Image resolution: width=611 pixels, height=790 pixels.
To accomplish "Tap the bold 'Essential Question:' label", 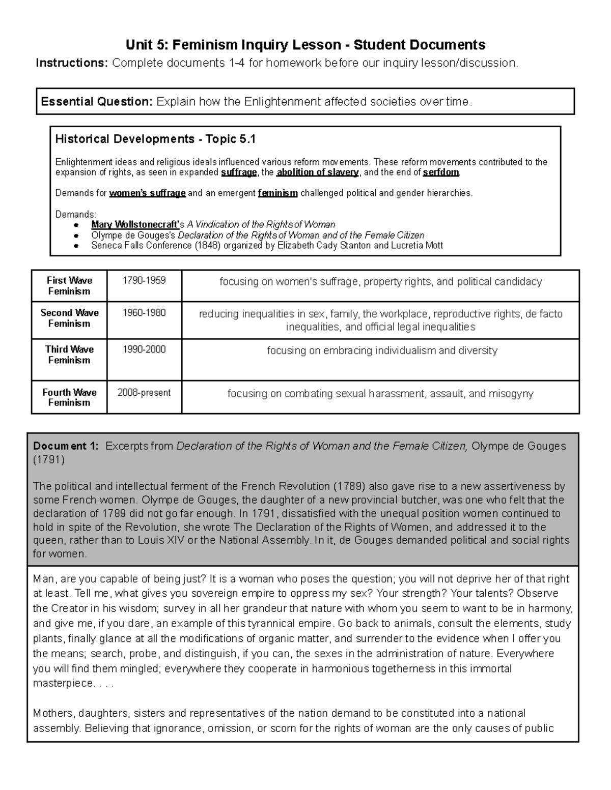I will [96, 102].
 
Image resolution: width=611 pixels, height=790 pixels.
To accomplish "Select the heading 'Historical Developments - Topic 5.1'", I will [155, 139].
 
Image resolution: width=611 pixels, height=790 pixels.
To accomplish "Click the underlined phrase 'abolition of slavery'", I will [317, 172].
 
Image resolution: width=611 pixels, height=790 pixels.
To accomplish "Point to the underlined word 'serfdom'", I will [441, 172].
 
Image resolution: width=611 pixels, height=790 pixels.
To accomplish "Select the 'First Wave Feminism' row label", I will [69, 286].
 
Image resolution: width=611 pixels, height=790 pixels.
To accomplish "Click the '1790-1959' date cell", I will [144, 281].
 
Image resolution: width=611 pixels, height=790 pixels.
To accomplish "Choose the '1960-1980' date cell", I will [144, 313].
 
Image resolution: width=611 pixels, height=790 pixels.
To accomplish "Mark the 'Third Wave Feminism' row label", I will [69, 355].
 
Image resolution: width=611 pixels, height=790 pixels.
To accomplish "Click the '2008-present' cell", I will [144, 392].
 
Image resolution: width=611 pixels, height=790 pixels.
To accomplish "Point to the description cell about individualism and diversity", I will [382, 350].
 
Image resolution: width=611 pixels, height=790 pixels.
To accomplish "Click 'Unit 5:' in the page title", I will [147, 45].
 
